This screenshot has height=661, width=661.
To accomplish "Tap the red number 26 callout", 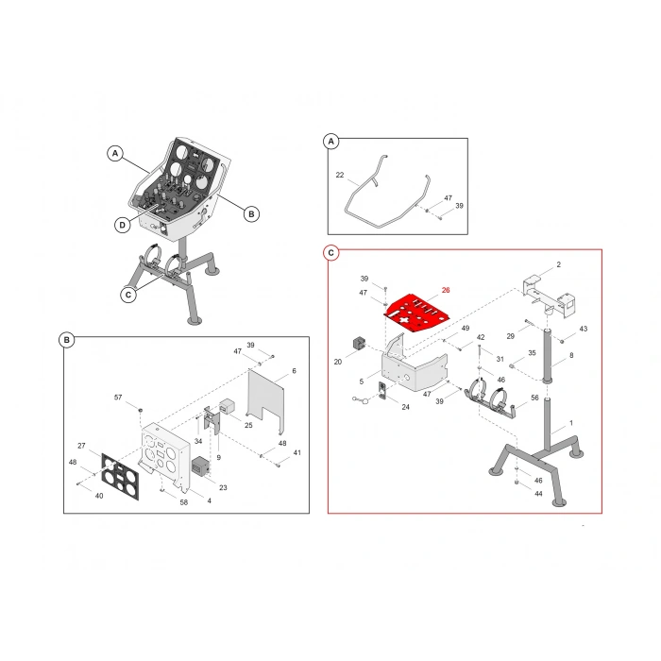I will (446, 291).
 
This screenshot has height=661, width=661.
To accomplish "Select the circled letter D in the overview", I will (123, 224).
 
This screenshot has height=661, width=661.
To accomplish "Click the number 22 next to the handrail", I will (340, 175).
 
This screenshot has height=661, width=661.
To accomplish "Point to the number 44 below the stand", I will (538, 494).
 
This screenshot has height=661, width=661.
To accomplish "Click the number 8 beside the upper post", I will (570, 355).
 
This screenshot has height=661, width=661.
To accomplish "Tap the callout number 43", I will (583, 329).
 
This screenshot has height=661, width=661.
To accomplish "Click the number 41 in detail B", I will (297, 453).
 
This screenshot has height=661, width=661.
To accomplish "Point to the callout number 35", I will (532, 353).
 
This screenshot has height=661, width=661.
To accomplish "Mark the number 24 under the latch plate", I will (405, 407).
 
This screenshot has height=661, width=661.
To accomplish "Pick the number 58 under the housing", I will (184, 501).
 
